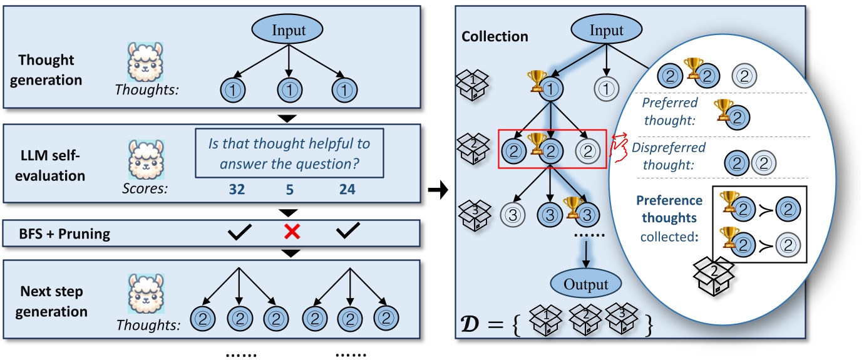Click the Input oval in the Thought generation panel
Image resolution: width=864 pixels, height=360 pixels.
pos(287,30)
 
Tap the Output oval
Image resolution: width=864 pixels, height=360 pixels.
pos(586,285)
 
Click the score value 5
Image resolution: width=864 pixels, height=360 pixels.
pos(290,188)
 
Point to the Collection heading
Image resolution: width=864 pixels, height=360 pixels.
pos(495,36)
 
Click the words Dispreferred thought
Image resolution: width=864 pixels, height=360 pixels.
pos(669,156)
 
